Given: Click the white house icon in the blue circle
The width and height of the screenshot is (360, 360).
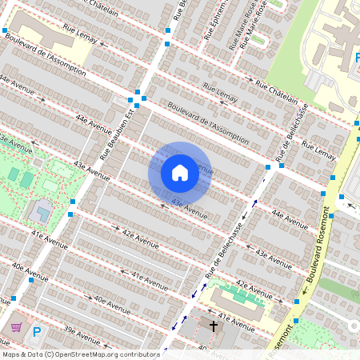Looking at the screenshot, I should (x=179, y=172).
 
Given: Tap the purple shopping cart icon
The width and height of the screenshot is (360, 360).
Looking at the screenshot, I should (x=16, y=328).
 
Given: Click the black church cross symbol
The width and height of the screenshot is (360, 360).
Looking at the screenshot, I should (x=214, y=326).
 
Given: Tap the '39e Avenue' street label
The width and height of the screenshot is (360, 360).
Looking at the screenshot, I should (x=80, y=331).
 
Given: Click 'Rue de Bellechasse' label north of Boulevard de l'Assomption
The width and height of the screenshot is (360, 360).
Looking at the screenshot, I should (x=292, y=133).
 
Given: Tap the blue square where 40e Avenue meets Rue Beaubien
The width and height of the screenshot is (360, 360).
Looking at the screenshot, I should (x=14, y=298).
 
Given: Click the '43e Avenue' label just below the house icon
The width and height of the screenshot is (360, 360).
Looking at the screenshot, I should (x=189, y=210).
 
